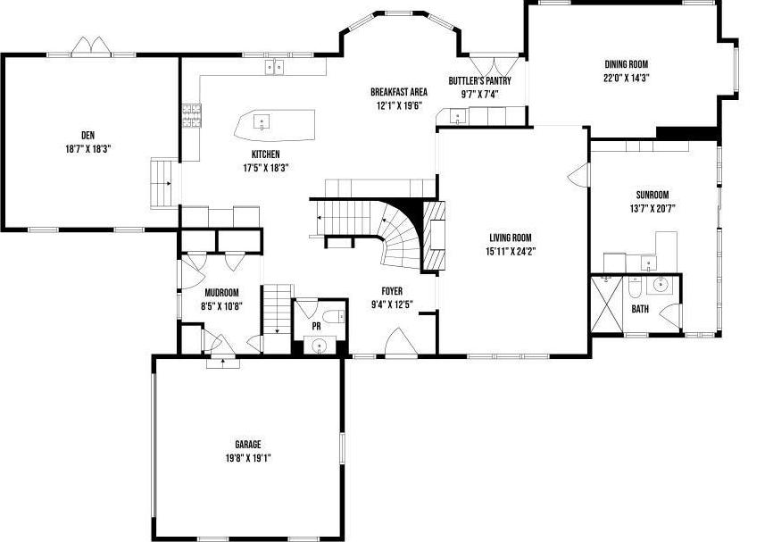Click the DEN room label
coord(87,135)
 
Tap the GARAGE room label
coord(248,444)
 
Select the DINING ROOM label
coord(626,64)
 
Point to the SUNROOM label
coord(652,195)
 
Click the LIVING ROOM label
coord(511,238)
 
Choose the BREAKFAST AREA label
coord(399,92)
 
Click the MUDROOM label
coord(221,293)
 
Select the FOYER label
coord(392,291)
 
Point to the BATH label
coord(640,309)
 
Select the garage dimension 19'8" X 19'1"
coord(248,457)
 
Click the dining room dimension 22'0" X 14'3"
coord(626,77)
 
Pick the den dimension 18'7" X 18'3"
coord(87,148)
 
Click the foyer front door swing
coord(395,343)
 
